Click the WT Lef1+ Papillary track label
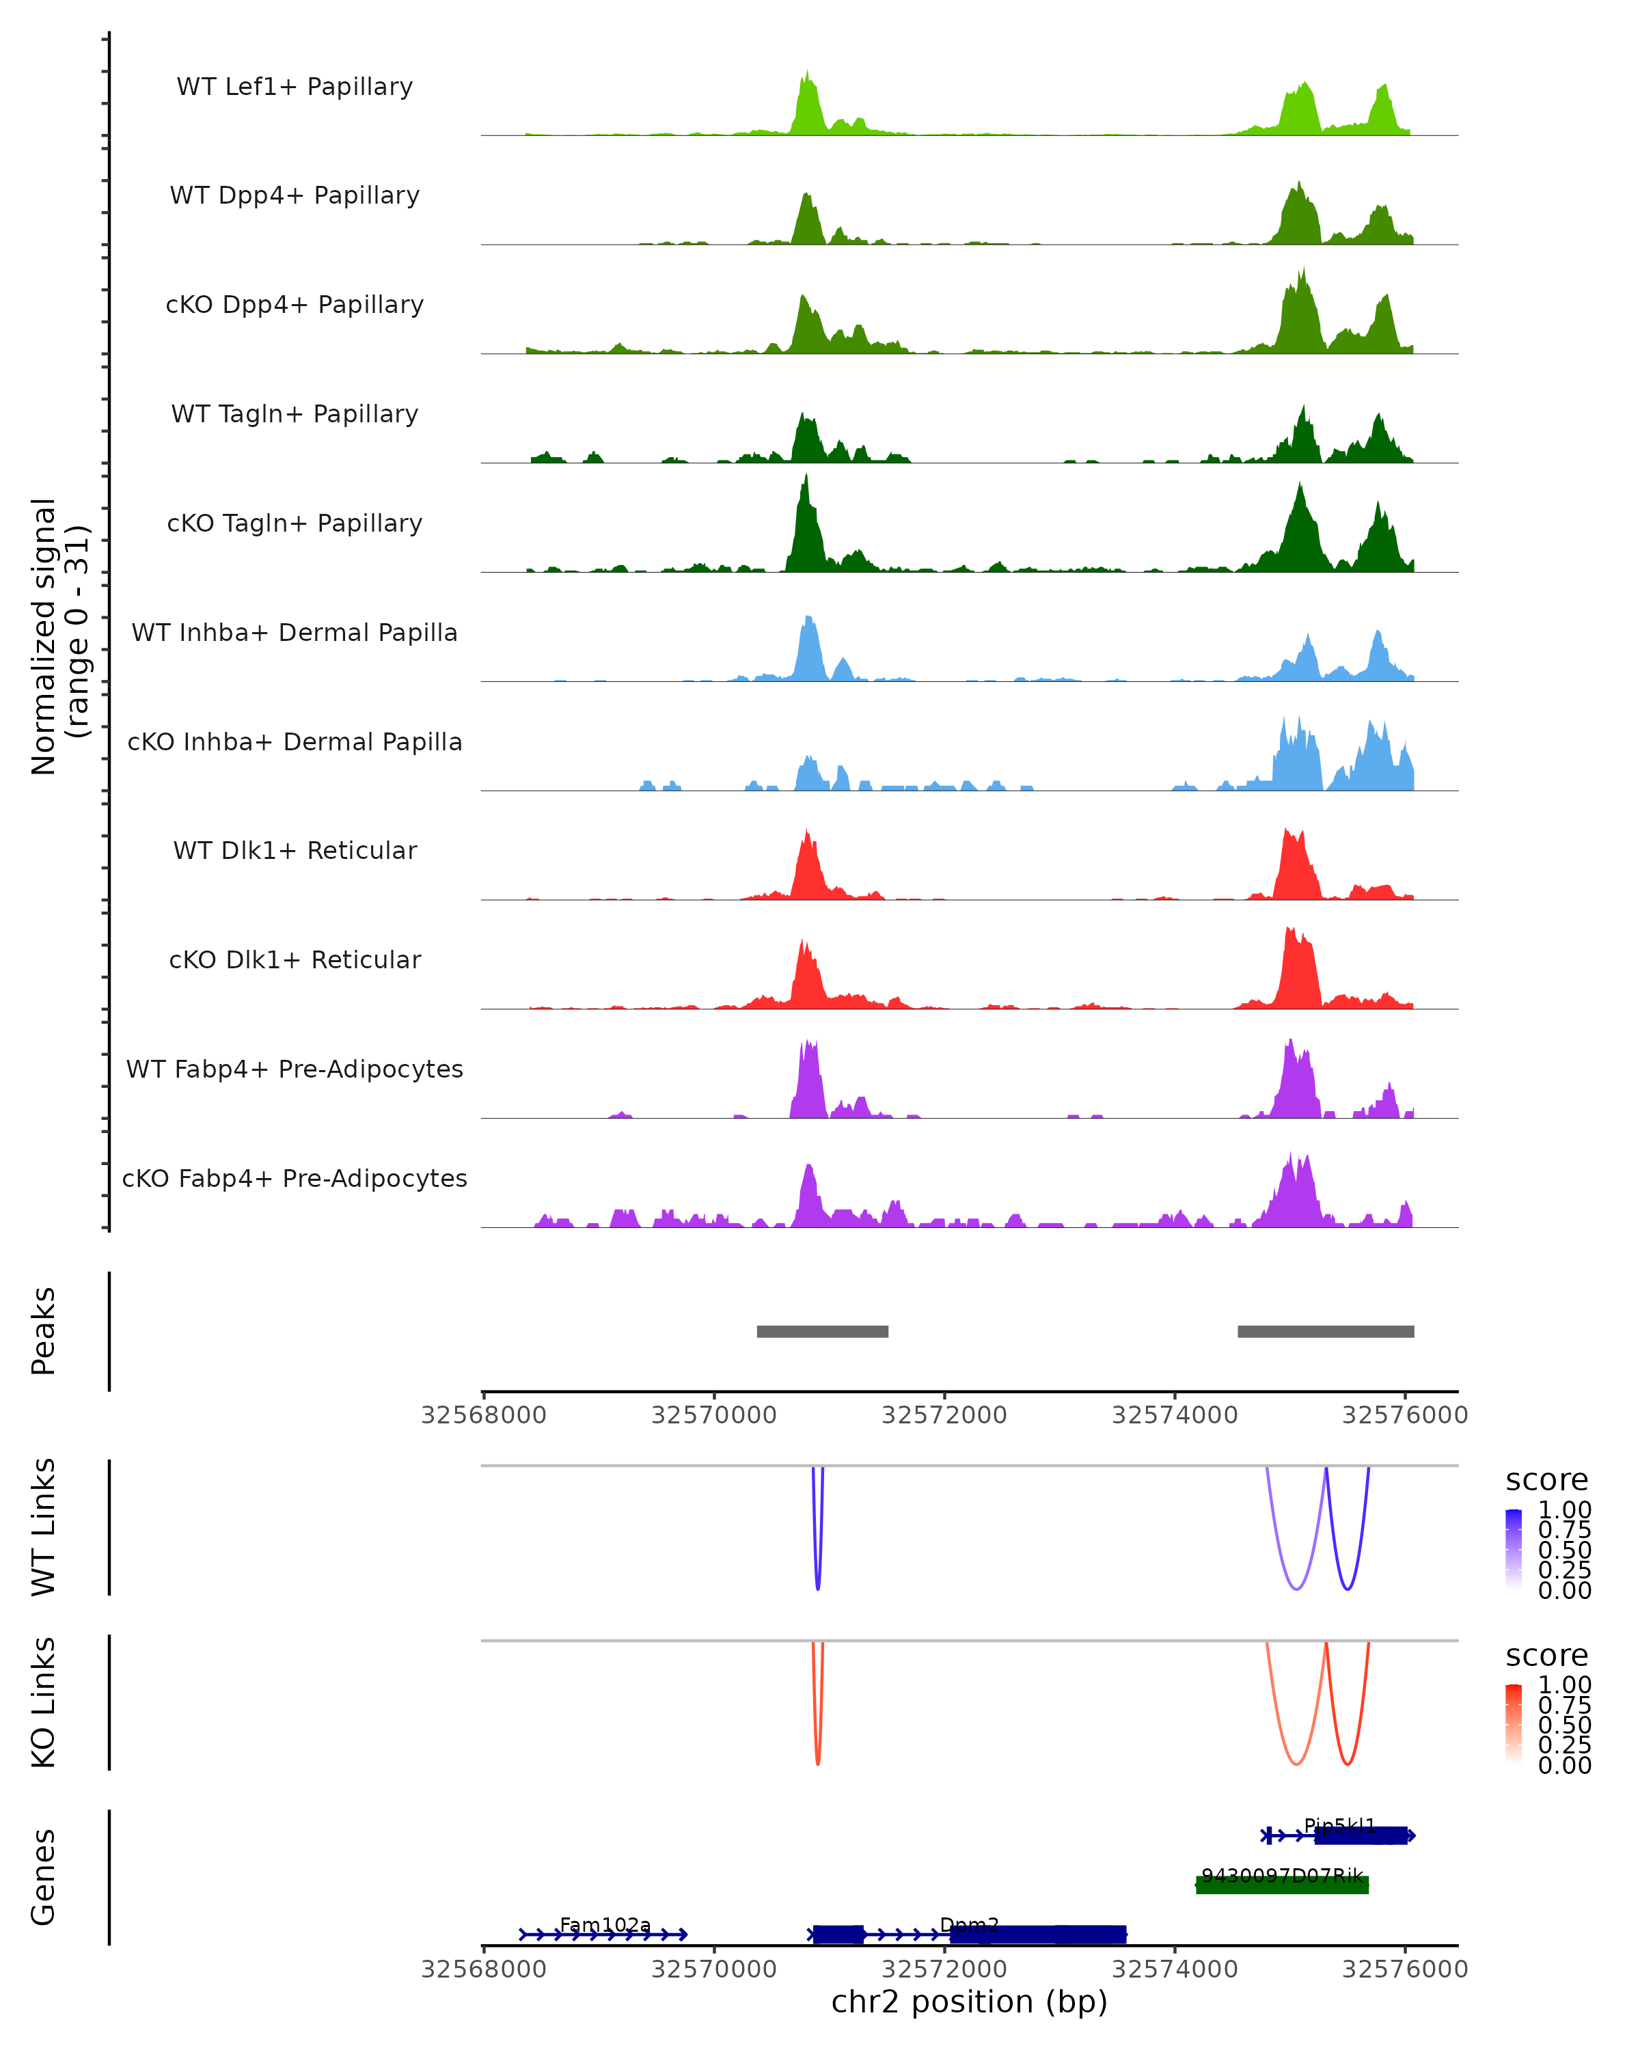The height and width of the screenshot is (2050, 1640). (x=295, y=87)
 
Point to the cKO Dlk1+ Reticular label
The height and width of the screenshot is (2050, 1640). (x=295, y=959)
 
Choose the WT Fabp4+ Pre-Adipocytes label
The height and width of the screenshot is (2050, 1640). (x=295, y=1069)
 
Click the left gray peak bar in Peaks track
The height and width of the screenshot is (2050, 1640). (x=822, y=1331)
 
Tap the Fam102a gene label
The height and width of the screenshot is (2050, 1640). (x=605, y=1924)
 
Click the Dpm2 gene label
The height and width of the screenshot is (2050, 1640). (x=969, y=1924)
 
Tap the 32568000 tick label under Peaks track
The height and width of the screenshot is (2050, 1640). (x=483, y=1415)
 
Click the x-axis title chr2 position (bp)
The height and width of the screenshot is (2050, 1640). (x=969, y=2002)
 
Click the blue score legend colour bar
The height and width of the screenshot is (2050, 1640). (x=1514, y=1548)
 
